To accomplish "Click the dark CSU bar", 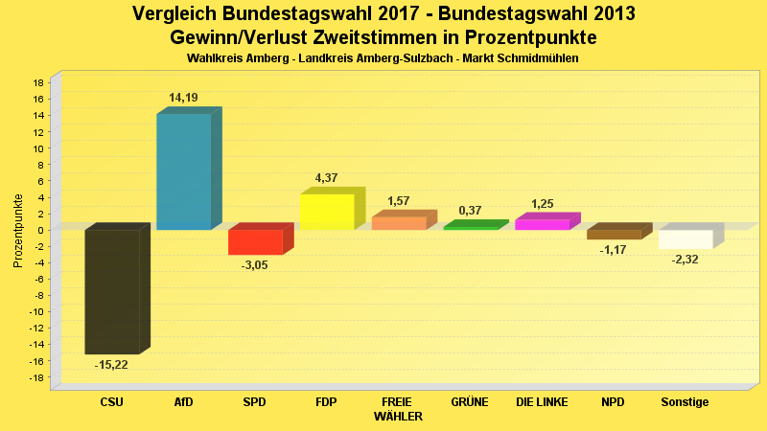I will click(111, 291).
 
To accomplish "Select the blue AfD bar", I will click(183, 171).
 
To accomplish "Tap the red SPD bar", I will click(254, 241).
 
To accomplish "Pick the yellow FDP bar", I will click(327, 212).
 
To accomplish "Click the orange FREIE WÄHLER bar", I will click(398, 223).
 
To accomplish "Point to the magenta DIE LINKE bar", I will click(542, 224).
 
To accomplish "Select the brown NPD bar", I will click(614, 234).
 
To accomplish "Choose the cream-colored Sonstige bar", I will click(685, 239).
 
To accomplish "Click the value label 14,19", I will click(184, 98).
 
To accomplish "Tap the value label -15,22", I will click(111, 365).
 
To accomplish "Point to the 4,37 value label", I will click(328, 178).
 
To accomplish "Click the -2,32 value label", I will click(686, 260).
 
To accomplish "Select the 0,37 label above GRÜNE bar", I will click(470, 211).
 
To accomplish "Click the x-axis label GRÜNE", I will click(470, 402).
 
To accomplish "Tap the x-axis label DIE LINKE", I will click(542, 402).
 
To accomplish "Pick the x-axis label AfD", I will click(183, 402).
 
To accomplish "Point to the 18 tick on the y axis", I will click(38, 83).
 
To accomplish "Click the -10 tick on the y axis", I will click(36, 312).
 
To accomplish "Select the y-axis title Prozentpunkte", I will click(18, 230).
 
